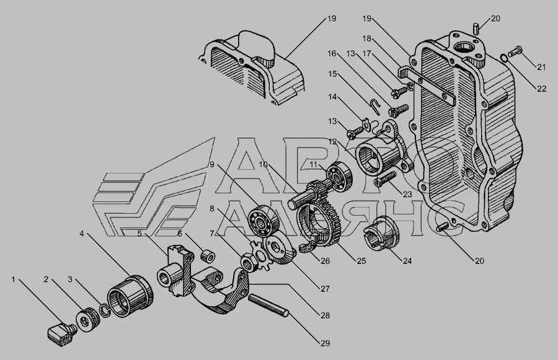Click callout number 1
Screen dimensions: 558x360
point(14,279)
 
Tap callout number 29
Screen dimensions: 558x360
point(325,343)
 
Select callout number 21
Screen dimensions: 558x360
point(541,67)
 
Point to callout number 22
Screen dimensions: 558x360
point(541,89)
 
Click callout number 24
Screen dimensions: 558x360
point(407,261)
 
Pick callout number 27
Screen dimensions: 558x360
point(325,289)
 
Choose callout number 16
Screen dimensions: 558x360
point(332,53)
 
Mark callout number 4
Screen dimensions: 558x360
point(81,234)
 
